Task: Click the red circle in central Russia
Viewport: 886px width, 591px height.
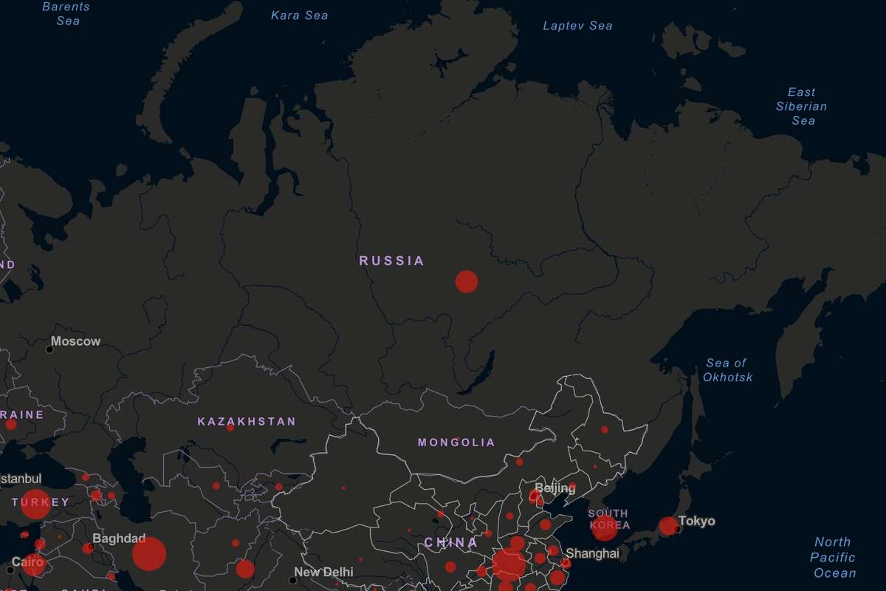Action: click(x=466, y=281)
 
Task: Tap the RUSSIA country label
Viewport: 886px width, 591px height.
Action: click(x=391, y=261)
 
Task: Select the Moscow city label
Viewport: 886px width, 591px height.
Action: click(x=75, y=341)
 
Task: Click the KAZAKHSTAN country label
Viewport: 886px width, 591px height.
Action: click(x=246, y=422)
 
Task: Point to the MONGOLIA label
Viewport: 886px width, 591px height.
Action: click(x=456, y=443)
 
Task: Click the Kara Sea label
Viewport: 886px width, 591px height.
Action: click(x=299, y=16)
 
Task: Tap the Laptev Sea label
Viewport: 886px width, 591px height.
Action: click(x=577, y=26)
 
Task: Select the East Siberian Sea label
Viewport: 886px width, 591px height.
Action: click(x=801, y=106)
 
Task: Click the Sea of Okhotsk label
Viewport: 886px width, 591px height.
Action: click(x=727, y=370)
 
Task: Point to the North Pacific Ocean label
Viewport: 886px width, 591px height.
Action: click(x=833, y=557)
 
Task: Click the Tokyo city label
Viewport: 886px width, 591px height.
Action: click(x=697, y=522)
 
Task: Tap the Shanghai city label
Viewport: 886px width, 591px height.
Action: click(x=592, y=553)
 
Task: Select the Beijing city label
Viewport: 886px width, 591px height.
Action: click(x=554, y=488)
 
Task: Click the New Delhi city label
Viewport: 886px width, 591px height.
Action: click(x=323, y=572)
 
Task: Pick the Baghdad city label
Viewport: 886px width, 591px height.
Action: click(x=119, y=539)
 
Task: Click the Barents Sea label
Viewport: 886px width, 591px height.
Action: click(x=67, y=13)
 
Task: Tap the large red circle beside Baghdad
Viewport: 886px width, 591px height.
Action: click(x=149, y=554)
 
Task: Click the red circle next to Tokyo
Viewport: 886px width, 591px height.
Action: click(x=668, y=526)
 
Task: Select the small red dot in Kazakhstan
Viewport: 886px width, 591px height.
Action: click(x=230, y=428)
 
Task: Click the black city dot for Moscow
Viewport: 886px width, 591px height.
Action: click(x=49, y=349)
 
